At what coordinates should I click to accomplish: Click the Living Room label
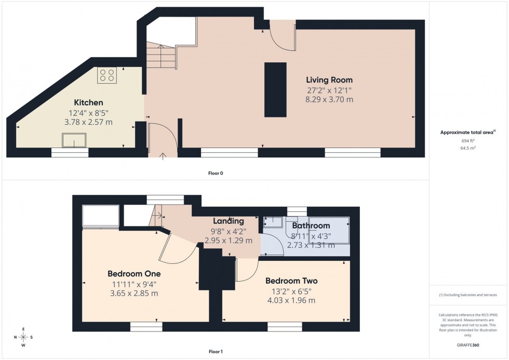(x=329, y=80)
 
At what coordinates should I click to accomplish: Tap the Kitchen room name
(x=88, y=103)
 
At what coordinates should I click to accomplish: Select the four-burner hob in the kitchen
(x=107, y=76)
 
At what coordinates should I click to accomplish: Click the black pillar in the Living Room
(x=275, y=89)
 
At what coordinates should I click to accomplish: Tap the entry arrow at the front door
(x=163, y=154)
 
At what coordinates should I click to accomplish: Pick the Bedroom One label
(x=134, y=274)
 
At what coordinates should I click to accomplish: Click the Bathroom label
(x=311, y=226)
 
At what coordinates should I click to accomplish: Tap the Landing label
(x=229, y=221)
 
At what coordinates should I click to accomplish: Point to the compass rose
(x=23, y=337)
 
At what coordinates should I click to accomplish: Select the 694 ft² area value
(x=468, y=141)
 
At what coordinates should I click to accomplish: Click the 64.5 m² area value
(x=468, y=148)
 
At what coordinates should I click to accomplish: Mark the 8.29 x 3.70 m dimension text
(x=329, y=99)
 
